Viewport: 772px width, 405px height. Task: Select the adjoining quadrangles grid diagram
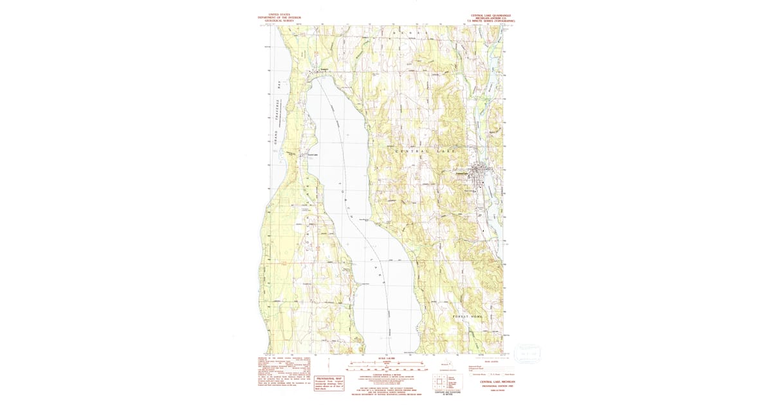pos(441,382)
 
